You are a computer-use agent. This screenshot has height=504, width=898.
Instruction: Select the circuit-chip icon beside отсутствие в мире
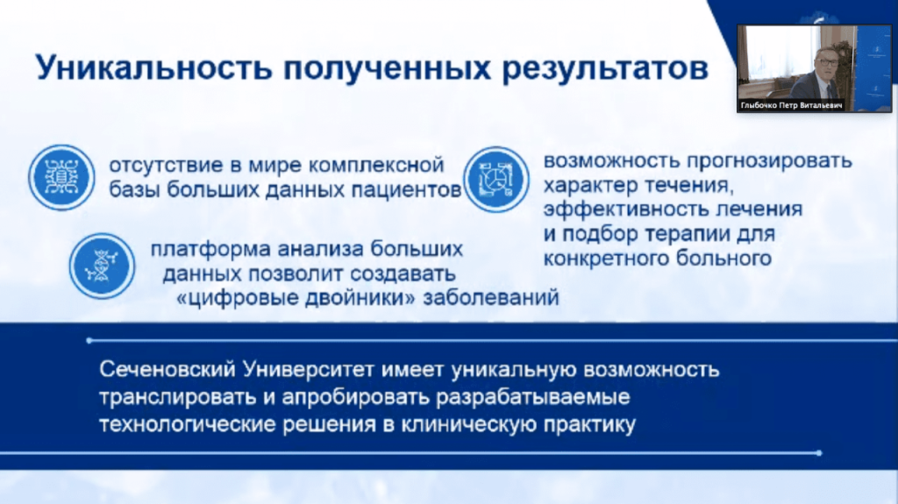62,178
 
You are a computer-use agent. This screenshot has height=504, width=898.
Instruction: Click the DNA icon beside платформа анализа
102,266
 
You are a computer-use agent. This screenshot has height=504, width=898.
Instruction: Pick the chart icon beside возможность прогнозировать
496,180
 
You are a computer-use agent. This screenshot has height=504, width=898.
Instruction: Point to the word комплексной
376,165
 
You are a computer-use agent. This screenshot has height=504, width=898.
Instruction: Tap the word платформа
210,250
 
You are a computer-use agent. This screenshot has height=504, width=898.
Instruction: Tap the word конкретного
606,259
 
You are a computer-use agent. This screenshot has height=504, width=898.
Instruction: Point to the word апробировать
355,397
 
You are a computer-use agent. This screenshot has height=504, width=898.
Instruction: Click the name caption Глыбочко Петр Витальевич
792,105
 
